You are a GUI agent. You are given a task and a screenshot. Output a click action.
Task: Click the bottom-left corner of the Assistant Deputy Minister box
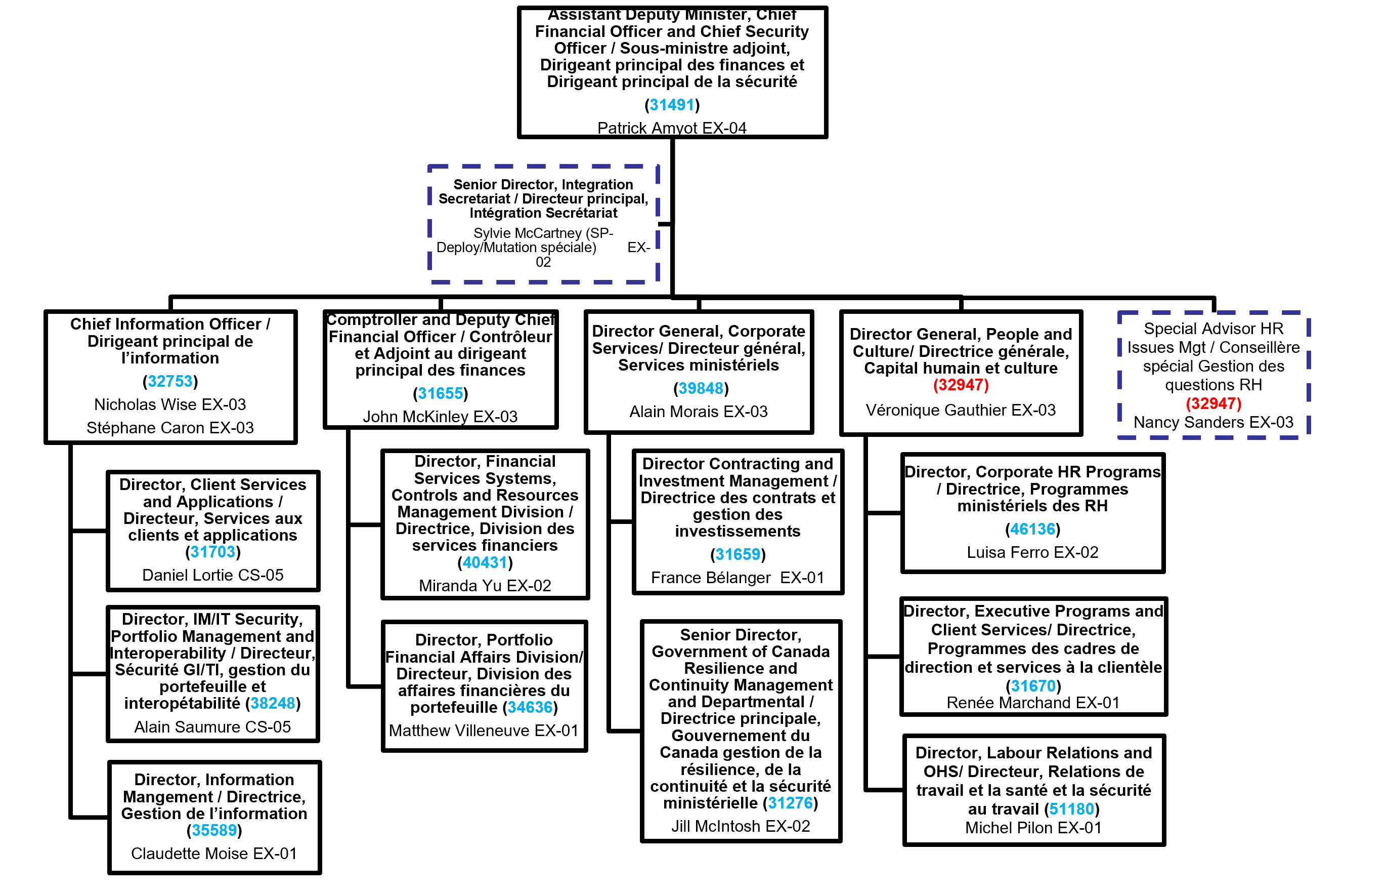tap(519, 137)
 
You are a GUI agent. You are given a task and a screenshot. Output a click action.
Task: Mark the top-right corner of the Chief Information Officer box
tap(295, 312)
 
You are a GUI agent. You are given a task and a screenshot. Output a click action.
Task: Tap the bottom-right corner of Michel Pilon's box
tap(1163, 844)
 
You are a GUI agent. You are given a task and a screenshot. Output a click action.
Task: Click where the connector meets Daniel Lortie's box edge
tap(108, 531)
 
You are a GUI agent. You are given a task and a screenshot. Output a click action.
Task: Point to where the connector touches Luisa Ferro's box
tap(902, 513)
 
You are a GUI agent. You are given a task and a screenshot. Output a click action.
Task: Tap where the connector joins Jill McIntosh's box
tap(642, 730)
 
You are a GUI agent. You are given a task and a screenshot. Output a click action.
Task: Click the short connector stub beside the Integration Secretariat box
tap(665, 224)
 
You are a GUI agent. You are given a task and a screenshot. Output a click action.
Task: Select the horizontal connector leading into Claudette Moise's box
tap(90, 817)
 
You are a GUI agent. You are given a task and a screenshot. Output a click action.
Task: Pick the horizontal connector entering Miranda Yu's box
tap(365, 525)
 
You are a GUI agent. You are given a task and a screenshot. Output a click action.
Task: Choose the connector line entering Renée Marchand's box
tap(884, 657)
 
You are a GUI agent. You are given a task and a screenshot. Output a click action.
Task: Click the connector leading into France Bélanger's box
tap(622, 522)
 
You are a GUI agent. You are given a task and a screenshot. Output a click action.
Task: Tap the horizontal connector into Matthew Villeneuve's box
tap(365, 686)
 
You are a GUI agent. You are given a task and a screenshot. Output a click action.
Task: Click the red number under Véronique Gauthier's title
tap(961, 385)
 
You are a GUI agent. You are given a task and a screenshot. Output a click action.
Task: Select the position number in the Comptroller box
tap(440, 394)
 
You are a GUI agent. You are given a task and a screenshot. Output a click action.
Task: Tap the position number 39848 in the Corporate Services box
tap(701, 388)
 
